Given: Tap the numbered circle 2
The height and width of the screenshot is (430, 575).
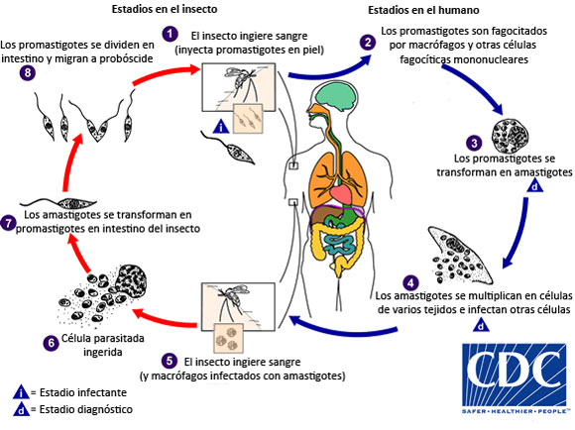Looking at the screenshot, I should click(369, 43).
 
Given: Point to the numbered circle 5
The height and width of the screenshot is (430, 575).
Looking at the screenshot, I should click(170, 360).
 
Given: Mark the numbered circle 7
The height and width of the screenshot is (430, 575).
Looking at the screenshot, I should click(10, 222).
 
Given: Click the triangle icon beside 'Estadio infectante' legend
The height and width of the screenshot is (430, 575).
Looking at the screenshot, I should click(21, 391).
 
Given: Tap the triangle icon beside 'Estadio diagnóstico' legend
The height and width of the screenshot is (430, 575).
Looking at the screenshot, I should click(21, 409).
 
